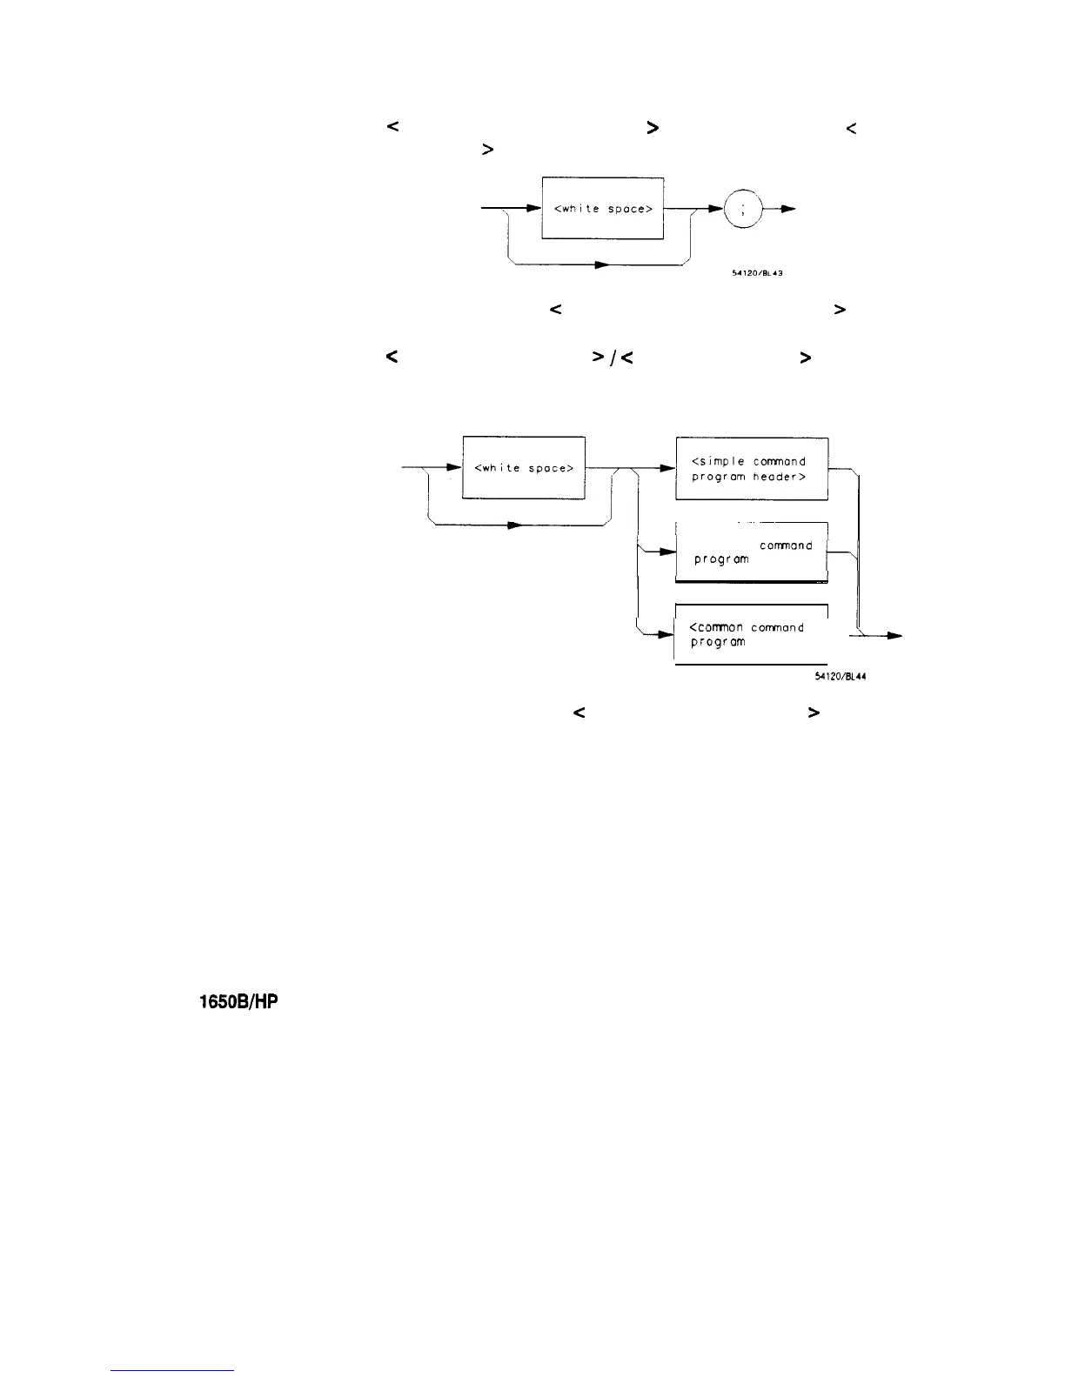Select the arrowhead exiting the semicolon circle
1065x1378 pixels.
click(x=787, y=210)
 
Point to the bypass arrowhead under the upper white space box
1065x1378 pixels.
click(x=599, y=264)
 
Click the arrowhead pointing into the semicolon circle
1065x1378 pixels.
click(x=719, y=210)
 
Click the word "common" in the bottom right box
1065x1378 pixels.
click(x=717, y=627)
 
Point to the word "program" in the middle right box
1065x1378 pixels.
click(x=721, y=559)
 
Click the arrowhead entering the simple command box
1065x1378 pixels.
click(x=668, y=469)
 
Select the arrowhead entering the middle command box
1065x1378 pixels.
click(x=668, y=552)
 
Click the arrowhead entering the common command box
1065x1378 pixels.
click(x=667, y=635)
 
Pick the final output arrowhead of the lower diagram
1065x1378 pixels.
click(x=894, y=636)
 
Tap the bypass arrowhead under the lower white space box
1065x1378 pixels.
click(x=513, y=525)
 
